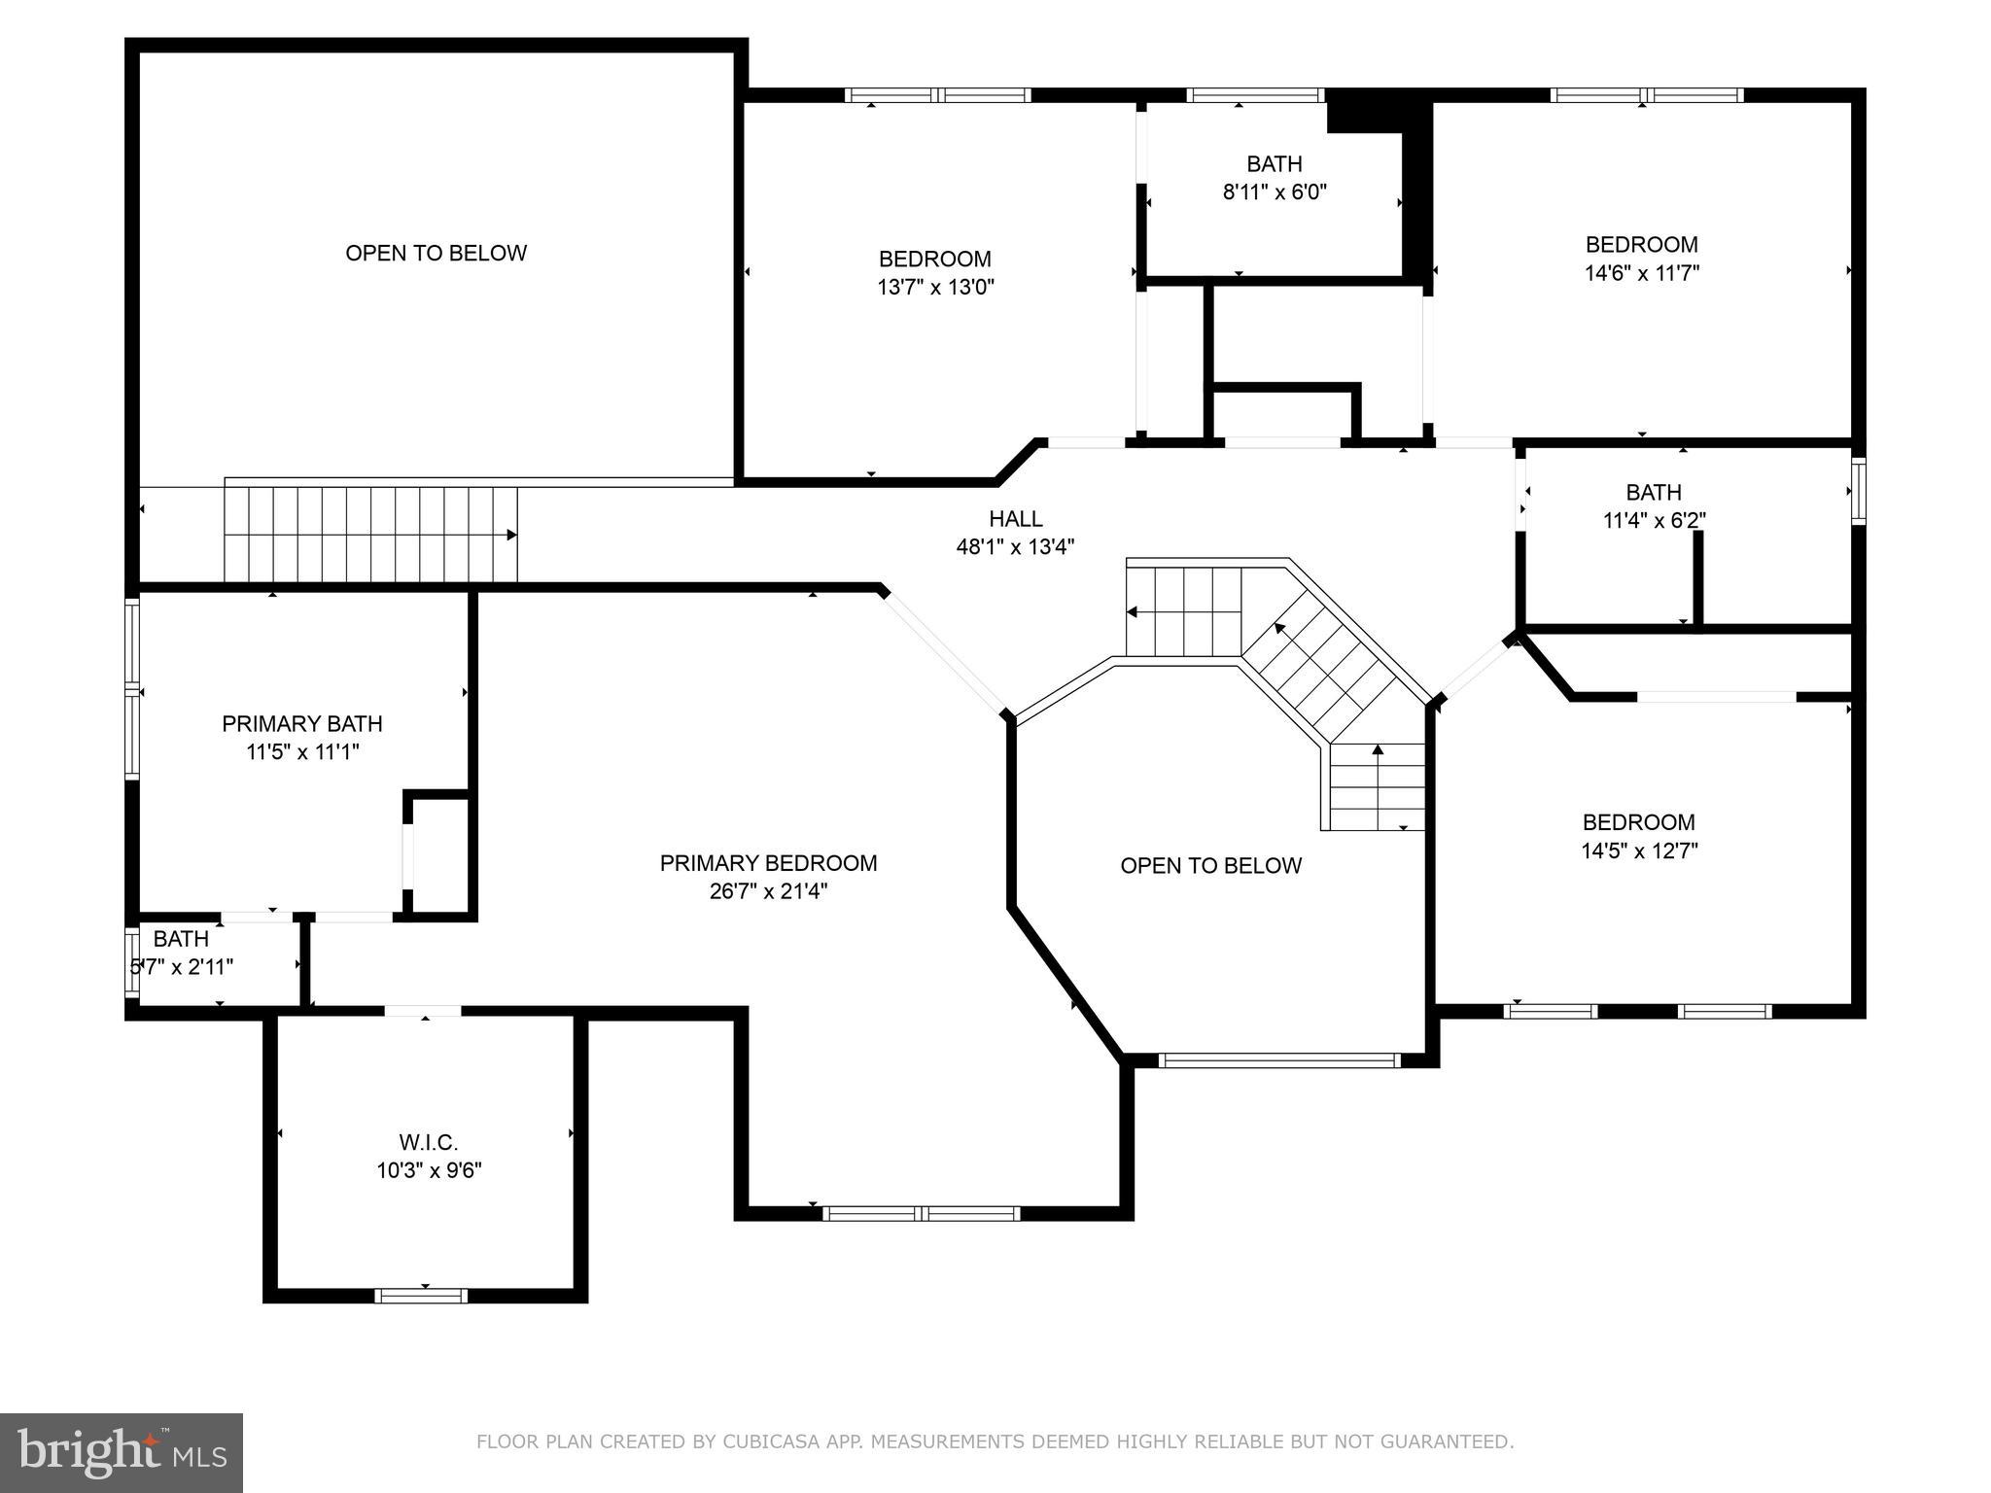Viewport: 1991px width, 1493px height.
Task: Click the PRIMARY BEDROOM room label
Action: [x=768, y=863]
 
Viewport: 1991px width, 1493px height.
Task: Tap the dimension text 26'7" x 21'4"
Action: [x=768, y=891]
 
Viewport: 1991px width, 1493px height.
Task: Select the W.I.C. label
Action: [x=429, y=1142]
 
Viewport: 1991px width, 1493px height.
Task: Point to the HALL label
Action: [x=1016, y=519]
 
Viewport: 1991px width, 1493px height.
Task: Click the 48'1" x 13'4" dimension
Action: [x=1015, y=547]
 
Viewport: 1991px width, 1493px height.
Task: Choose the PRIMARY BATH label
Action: [x=302, y=724]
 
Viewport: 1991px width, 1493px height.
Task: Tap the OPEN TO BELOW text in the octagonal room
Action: [x=1210, y=866]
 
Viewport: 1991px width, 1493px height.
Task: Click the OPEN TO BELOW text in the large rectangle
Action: [x=437, y=253]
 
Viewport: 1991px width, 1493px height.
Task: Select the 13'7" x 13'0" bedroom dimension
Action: [x=935, y=288]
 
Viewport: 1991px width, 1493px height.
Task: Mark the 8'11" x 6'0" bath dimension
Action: [x=1275, y=192]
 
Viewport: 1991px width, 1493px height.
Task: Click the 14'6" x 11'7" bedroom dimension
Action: [x=1642, y=273]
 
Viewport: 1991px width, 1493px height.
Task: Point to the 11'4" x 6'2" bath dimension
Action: [x=1654, y=521]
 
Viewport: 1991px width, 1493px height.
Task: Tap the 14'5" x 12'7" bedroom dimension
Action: [x=1639, y=851]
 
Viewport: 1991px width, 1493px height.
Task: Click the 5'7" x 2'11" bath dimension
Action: [x=183, y=967]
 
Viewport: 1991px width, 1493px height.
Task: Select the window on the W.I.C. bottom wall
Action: [x=421, y=1295]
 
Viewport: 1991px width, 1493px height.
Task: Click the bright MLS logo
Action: [x=121, y=1452]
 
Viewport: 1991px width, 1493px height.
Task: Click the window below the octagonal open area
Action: [x=1278, y=1060]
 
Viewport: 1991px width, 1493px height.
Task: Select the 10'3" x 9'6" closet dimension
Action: [x=429, y=1170]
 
